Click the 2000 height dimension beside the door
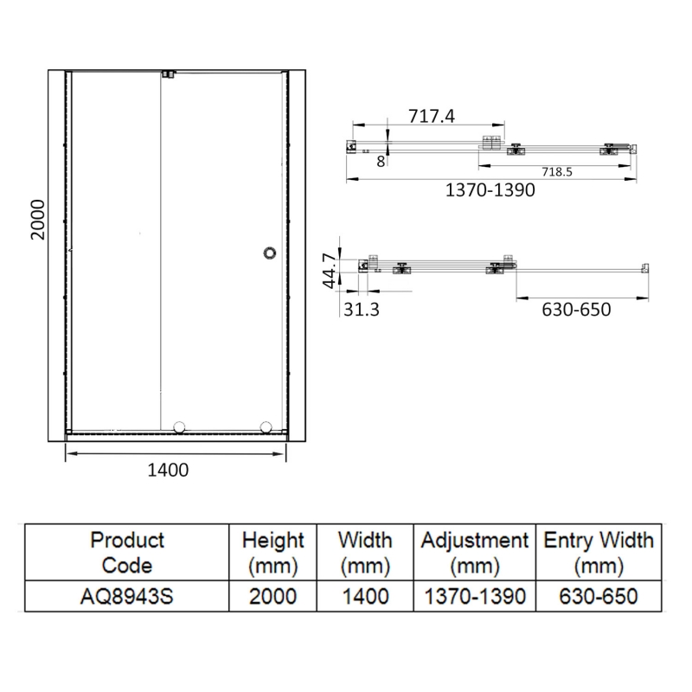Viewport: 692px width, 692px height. tap(38, 220)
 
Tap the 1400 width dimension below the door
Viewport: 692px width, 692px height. tap(168, 470)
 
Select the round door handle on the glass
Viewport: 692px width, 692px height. tap(270, 253)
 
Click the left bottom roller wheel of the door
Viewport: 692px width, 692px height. tap(179, 427)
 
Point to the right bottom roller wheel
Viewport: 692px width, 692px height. tap(266, 427)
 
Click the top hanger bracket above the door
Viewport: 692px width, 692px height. tap(169, 74)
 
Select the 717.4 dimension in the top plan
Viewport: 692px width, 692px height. tap(431, 116)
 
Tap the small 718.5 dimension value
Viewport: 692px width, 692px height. tap(557, 171)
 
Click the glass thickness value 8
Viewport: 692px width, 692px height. tap(381, 162)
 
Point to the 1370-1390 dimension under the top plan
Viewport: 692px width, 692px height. tap(490, 190)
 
